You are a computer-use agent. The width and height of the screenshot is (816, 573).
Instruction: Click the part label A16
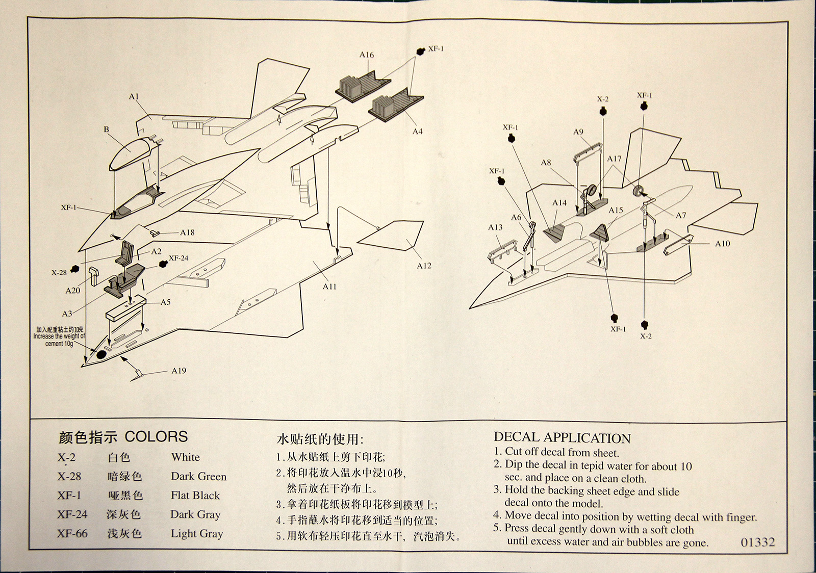point(366,55)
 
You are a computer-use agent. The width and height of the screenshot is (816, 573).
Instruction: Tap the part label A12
point(424,266)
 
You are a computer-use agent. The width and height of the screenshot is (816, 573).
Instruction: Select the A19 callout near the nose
point(178,371)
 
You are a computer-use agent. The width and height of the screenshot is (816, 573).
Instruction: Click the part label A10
point(722,244)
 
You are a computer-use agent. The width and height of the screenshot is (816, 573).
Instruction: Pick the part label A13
point(495,227)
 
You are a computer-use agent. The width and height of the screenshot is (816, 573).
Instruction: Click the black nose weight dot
point(101,353)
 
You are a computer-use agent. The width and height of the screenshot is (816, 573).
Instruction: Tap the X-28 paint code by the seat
point(59,272)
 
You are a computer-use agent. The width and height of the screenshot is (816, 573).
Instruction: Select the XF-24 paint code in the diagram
point(178,258)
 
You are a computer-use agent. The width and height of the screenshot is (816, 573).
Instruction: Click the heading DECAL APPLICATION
point(562,438)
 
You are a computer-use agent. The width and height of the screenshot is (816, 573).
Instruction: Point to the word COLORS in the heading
point(156,437)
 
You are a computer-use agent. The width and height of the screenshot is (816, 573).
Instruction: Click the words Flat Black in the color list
point(195,496)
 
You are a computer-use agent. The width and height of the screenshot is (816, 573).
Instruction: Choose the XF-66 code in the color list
point(72,533)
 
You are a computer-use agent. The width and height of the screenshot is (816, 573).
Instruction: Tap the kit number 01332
point(757,542)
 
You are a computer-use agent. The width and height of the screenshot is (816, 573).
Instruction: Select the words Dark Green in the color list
point(198,477)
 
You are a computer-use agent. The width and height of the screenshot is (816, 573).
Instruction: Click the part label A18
point(187,232)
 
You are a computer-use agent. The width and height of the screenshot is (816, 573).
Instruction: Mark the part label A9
point(578,132)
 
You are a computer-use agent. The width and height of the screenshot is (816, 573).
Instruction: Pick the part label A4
point(417,132)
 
